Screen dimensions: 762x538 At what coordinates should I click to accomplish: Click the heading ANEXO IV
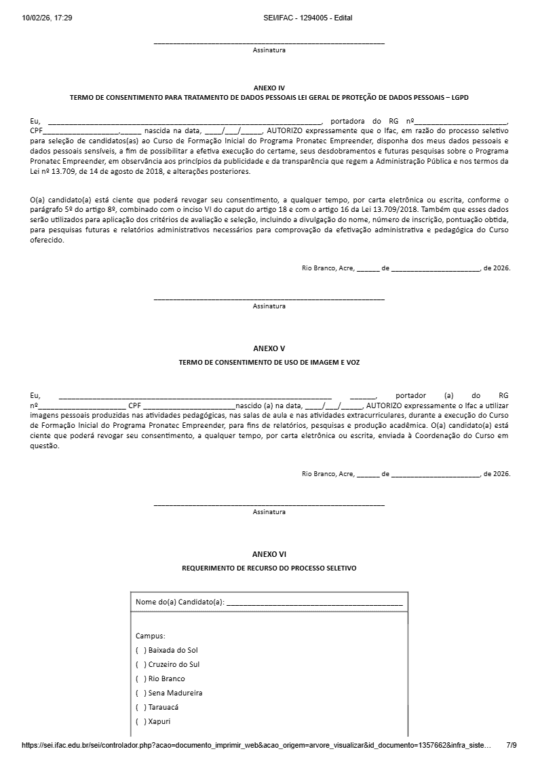click(269, 88)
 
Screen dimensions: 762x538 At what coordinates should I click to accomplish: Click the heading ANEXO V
click(269, 348)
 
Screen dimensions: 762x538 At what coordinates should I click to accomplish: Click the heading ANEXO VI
click(269, 554)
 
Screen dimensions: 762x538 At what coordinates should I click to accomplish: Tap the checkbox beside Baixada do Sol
click(140, 650)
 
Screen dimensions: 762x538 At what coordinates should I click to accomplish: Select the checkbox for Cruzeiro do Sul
click(140, 664)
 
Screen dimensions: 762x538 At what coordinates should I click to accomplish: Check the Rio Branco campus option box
click(140, 678)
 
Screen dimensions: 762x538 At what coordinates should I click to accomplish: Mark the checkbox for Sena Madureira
click(140, 693)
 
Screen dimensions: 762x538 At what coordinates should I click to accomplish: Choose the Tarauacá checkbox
click(140, 707)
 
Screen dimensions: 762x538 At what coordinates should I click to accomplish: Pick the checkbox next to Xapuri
click(140, 721)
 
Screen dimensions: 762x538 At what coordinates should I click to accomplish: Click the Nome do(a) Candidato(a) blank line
click(314, 602)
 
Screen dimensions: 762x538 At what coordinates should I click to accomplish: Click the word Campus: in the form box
click(150, 636)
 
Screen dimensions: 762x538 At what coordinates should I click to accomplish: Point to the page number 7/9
click(512, 745)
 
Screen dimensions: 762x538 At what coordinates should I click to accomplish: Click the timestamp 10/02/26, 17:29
click(47, 18)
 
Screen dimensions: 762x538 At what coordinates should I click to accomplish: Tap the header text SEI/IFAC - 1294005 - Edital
click(308, 18)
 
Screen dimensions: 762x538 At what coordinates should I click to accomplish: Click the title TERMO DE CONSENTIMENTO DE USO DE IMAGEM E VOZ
click(269, 363)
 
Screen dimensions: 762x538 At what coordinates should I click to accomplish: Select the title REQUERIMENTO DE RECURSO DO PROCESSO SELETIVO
click(269, 568)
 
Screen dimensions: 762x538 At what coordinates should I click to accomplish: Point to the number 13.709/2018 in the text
click(404, 211)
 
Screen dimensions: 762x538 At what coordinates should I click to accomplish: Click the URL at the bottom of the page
click(256, 745)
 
